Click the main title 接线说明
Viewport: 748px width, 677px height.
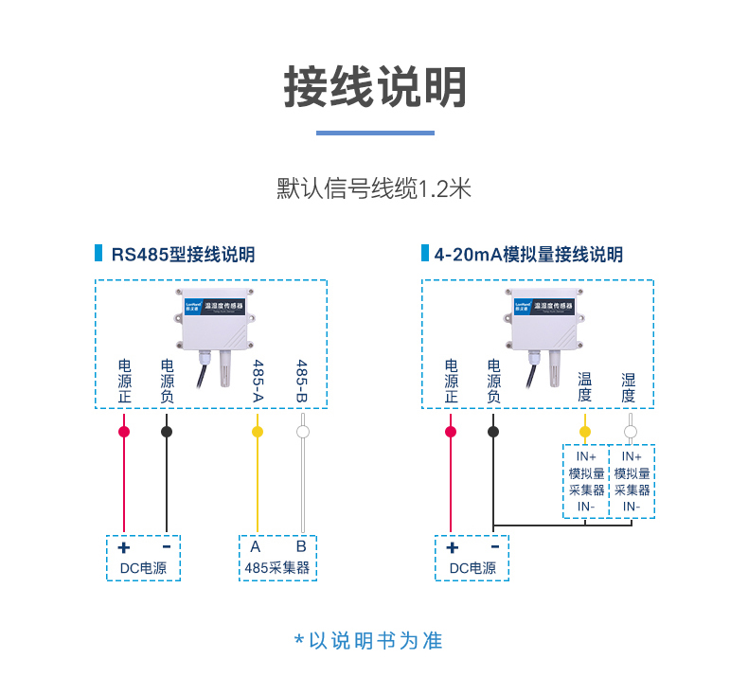(x=375, y=88)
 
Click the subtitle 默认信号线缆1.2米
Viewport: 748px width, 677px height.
(x=374, y=187)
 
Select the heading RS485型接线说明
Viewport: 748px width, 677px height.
(x=183, y=255)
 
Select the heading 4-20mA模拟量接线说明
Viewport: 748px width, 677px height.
(x=528, y=255)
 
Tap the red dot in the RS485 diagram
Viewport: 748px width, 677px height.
(x=124, y=432)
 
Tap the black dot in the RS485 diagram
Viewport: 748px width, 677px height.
(x=167, y=432)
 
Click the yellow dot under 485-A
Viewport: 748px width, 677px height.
(x=257, y=432)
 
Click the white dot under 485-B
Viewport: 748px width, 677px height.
(x=303, y=432)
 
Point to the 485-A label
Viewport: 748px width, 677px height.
(x=257, y=380)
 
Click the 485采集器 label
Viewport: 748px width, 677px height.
(x=277, y=568)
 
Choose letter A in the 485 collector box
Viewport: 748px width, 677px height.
(x=256, y=546)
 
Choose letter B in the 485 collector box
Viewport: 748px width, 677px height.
(x=301, y=546)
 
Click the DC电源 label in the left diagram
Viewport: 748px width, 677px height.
(x=143, y=568)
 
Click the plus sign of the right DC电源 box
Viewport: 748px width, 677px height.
(x=452, y=547)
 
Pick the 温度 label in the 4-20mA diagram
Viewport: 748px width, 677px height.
(x=584, y=387)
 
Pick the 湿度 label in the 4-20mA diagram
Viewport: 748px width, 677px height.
(x=629, y=387)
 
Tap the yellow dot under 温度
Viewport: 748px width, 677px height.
(x=584, y=432)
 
